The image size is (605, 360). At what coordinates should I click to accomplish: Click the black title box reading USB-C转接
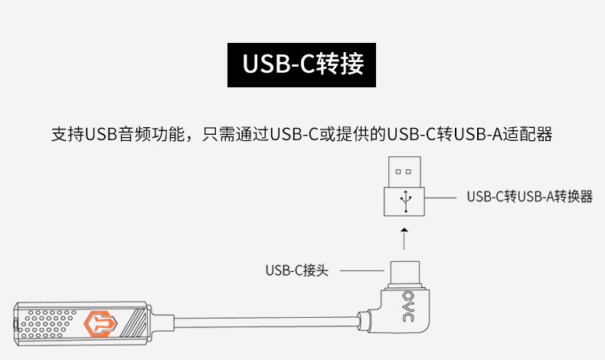(301, 65)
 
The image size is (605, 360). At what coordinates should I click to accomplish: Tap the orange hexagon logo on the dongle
(100, 323)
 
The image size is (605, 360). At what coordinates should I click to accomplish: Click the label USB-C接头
(296, 270)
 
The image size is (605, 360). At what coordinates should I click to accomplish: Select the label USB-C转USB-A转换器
(529, 197)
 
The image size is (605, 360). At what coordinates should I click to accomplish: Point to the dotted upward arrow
(404, 239)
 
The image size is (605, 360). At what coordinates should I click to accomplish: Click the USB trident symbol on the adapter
(405, 201)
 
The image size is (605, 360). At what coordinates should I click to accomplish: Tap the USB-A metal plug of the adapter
(404, 172)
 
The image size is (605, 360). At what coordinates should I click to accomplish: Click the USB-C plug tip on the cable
(405, 273)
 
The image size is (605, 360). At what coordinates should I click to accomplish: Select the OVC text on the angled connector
(408, 313)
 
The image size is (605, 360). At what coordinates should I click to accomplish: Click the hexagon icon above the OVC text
(408, 296)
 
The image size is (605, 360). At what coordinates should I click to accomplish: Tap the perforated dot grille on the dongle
(47, 324)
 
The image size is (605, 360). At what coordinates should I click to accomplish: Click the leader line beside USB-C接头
(362, 270)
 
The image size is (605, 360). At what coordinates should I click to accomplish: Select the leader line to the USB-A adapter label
(440, 198)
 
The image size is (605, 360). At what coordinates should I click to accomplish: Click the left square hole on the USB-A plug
(398, 172)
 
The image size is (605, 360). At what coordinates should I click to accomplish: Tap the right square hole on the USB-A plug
(409, 172)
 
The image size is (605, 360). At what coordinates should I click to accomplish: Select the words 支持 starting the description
(67, 134)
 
